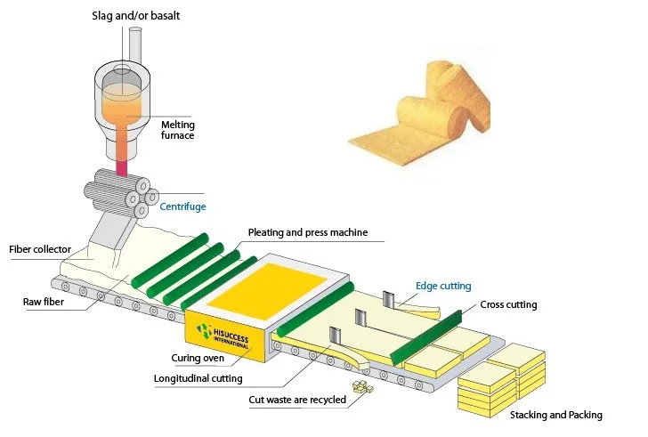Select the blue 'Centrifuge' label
click(182, 206)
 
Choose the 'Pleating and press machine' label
click(308, 233)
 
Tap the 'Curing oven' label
click(197, 358)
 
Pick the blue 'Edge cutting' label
click(443, 286)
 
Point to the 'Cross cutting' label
click(508, 305)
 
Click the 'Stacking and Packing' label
click(556, 415)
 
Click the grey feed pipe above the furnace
click(135, 44)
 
